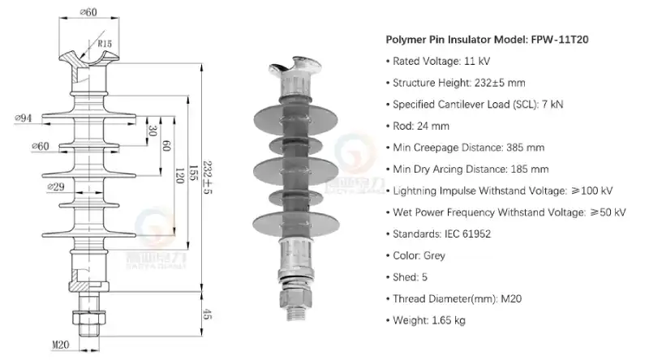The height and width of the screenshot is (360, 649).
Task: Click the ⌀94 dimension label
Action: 23,118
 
